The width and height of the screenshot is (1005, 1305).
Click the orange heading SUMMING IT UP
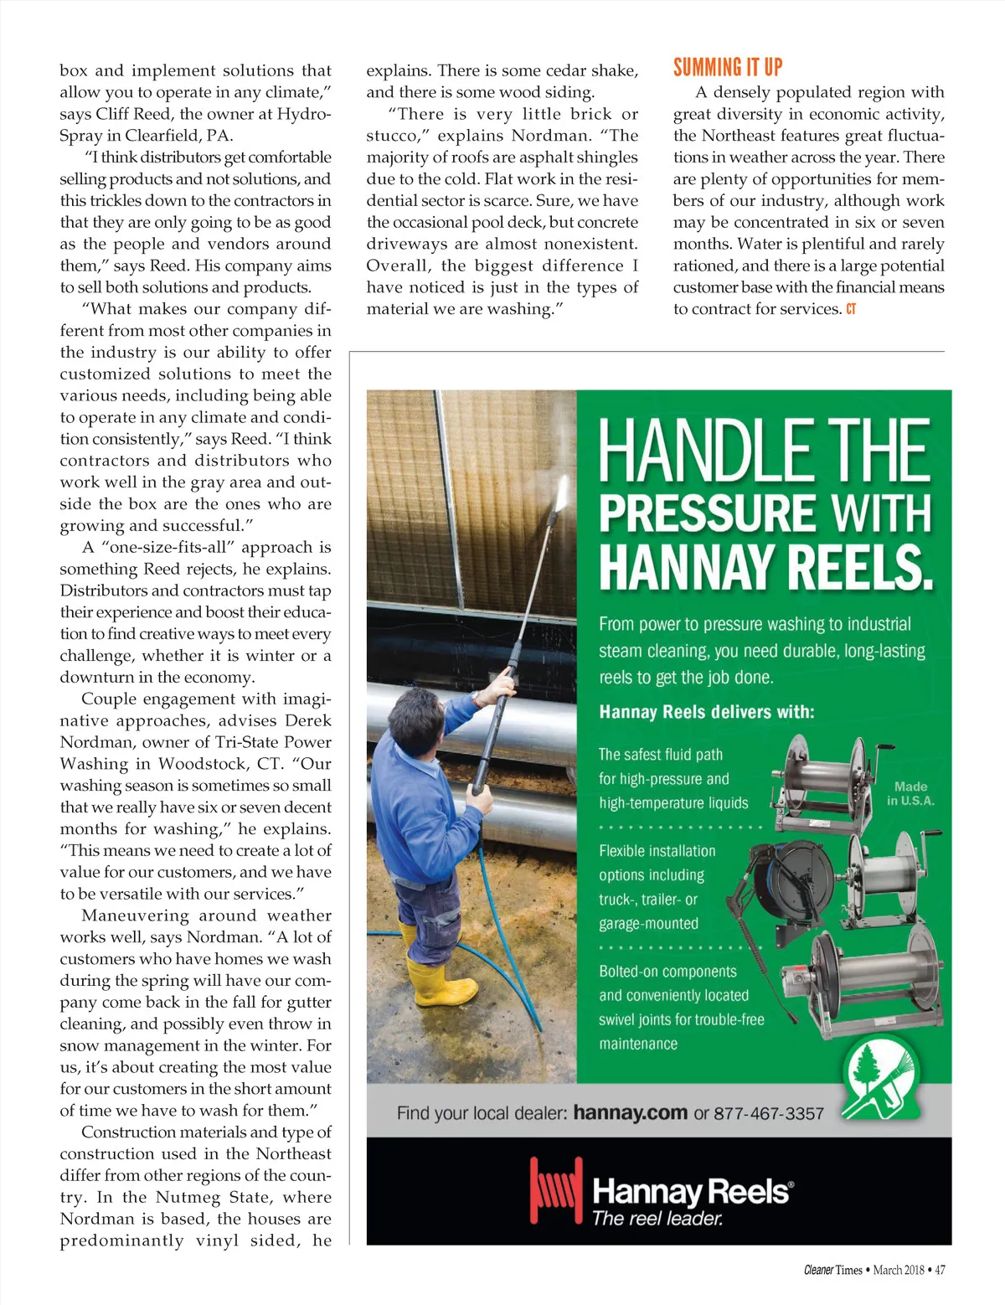[x=728, y=67]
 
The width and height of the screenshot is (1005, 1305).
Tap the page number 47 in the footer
[x=940, y=1270]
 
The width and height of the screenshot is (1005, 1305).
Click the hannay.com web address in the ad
[x=631, y=1112]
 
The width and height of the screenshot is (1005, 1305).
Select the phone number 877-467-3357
[x=769, y=1113]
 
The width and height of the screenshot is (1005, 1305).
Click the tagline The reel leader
[x=657, y=1219]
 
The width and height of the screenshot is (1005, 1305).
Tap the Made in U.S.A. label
[x=910, y=793]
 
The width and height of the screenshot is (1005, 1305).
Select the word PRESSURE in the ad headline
[x=707, y=513]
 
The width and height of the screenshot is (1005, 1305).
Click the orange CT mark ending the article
[x=851, y=309]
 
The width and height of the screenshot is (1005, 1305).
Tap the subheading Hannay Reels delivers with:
[x=706, y=712]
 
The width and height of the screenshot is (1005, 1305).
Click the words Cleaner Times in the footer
[x=832, y=1270]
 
